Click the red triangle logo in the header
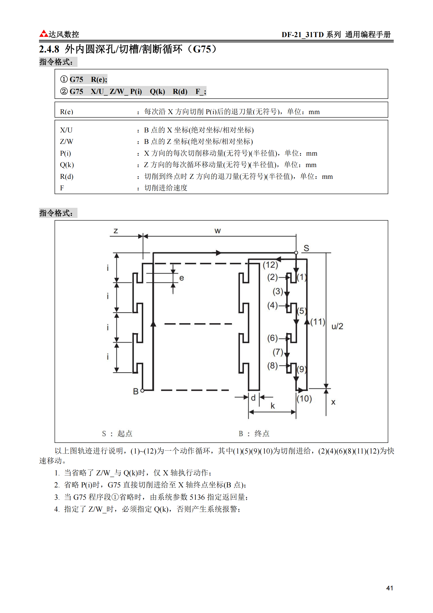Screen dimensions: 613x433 (x=44, y=34)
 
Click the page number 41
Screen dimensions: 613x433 (x=389, y=588)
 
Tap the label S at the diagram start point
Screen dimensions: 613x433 (x=306, y=248)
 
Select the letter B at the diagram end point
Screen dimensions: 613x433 (x=136, y=391)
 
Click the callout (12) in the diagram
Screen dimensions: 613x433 (x=270, y=265)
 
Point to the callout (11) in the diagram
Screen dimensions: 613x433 (x=318, y=322)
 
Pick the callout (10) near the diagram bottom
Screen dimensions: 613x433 (x=304, y=399)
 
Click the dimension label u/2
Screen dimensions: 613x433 (x=337, y=326)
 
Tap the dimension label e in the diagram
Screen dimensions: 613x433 (x=182, y=278)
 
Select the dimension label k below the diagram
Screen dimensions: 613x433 (x=273, y=406)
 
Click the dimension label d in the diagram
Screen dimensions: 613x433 (x=253, y=398)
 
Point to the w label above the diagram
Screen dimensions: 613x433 (x=217, y=231)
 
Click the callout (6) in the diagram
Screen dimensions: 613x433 (x=272, y=338)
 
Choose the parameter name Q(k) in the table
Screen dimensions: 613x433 (x=67, y=165)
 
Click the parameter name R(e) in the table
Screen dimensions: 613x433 (x=67, y=112)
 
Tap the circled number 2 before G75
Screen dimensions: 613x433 (x=64, y=91)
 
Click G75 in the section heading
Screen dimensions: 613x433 (x=202, y=49)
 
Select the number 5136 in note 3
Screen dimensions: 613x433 (x=197, y=497)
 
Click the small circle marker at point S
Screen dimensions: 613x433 (x=296, y=253)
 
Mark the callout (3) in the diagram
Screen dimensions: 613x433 (x=278, y=291)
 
